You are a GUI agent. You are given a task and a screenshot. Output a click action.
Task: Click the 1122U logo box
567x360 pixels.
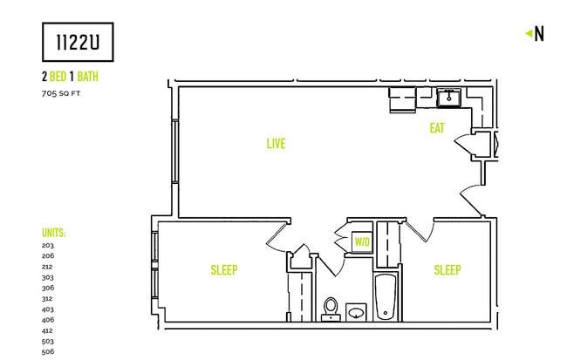[78, 42]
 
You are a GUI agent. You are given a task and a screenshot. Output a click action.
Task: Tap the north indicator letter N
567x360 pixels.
[539, 34]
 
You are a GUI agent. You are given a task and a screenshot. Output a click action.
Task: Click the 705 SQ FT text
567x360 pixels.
[61, 93]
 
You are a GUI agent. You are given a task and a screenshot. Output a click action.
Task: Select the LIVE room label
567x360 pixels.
[276, 144]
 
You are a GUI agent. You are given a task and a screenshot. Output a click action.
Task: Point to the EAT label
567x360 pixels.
[437, 128]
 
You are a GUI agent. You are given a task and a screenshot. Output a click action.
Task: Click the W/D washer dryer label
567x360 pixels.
[362, 241]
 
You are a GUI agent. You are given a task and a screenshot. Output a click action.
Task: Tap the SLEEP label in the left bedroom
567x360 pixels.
[224, 270]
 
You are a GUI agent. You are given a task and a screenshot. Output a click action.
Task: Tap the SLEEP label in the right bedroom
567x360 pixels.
[447, 270]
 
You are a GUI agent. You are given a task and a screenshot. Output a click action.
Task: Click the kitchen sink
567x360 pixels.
[448, 98]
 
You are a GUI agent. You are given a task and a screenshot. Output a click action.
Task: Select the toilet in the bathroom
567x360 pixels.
[331, 309]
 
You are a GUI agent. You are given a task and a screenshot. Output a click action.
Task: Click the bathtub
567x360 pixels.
[386, 297]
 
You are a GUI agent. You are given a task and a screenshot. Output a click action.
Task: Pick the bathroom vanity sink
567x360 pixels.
[357, 312]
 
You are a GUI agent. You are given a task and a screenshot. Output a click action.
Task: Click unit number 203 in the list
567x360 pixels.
[48, 246]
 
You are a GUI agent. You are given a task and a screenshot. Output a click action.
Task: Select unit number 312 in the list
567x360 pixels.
[47, 299]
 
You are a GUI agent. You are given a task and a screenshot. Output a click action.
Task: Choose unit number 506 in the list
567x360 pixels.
[48, 351]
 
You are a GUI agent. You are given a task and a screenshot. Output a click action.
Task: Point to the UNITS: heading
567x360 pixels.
[54, 233]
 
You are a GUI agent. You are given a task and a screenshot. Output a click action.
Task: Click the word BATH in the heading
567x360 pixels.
[88, 77]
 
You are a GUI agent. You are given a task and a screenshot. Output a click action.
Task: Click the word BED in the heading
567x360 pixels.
[58, 77]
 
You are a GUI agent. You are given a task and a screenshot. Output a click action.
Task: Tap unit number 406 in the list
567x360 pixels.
[48, 320]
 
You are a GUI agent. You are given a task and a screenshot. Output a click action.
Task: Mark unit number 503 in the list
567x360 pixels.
[48, 342]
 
